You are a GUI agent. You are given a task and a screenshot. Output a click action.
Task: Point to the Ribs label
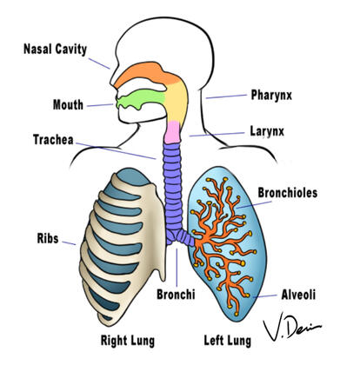(x=48, y=236)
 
